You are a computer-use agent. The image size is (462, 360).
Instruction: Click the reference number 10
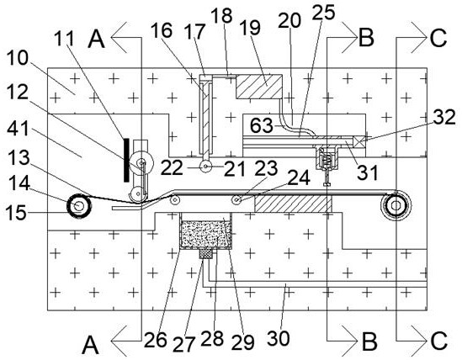point(18,58)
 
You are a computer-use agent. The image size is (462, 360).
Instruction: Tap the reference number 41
point(19,129)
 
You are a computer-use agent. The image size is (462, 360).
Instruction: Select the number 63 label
point(262,126)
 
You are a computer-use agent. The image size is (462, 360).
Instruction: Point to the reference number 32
point(444,117)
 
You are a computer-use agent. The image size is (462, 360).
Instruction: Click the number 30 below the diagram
point(279,338)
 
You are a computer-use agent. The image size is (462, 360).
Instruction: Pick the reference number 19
point(250,28)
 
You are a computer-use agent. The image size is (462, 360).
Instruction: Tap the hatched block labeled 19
point(259,87)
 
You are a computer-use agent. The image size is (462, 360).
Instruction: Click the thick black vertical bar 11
point(126,160)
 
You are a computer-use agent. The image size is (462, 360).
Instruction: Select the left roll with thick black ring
point(79,206)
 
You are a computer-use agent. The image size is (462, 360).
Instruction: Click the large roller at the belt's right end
point(396,206)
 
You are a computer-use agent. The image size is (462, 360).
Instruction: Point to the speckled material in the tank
point(205,235)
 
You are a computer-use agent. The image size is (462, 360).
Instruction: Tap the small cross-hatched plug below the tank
point(205,254)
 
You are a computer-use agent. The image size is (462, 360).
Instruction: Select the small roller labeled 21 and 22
point(205,167)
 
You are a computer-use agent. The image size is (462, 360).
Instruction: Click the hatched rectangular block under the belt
point(294,204)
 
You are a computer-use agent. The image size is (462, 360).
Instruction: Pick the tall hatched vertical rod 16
point(206,118)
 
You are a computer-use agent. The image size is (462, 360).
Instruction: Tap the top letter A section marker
point(96,40)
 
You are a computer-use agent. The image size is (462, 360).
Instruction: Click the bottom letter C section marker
point(438,341)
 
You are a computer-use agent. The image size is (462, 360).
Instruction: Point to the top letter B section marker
point(366,38)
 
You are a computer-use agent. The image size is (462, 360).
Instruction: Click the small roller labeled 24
point(236,200)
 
